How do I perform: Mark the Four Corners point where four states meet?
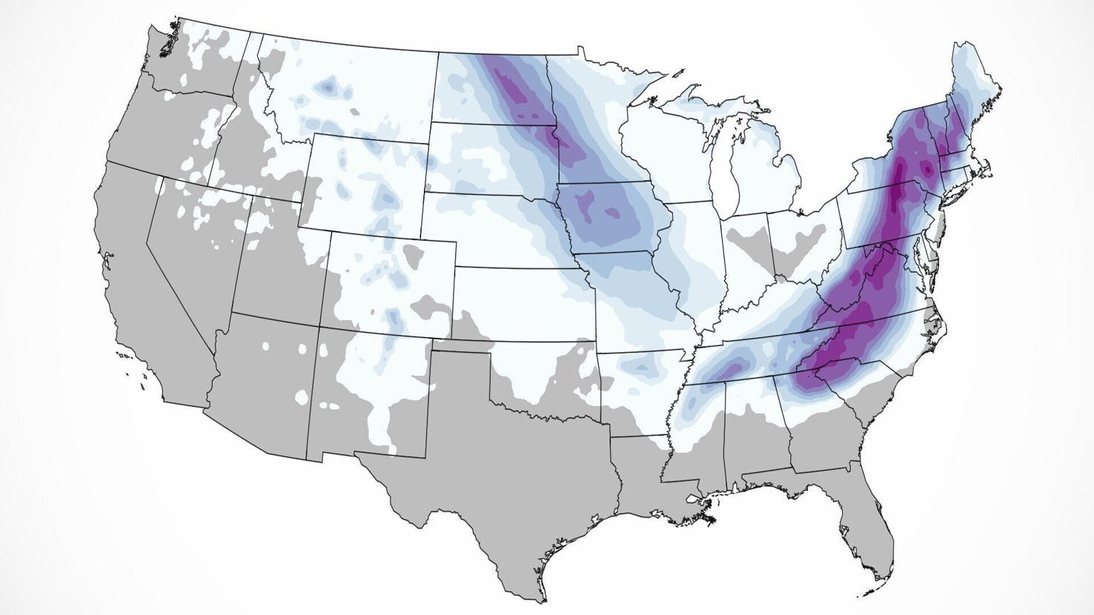320,327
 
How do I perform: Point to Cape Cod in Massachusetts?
989,167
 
